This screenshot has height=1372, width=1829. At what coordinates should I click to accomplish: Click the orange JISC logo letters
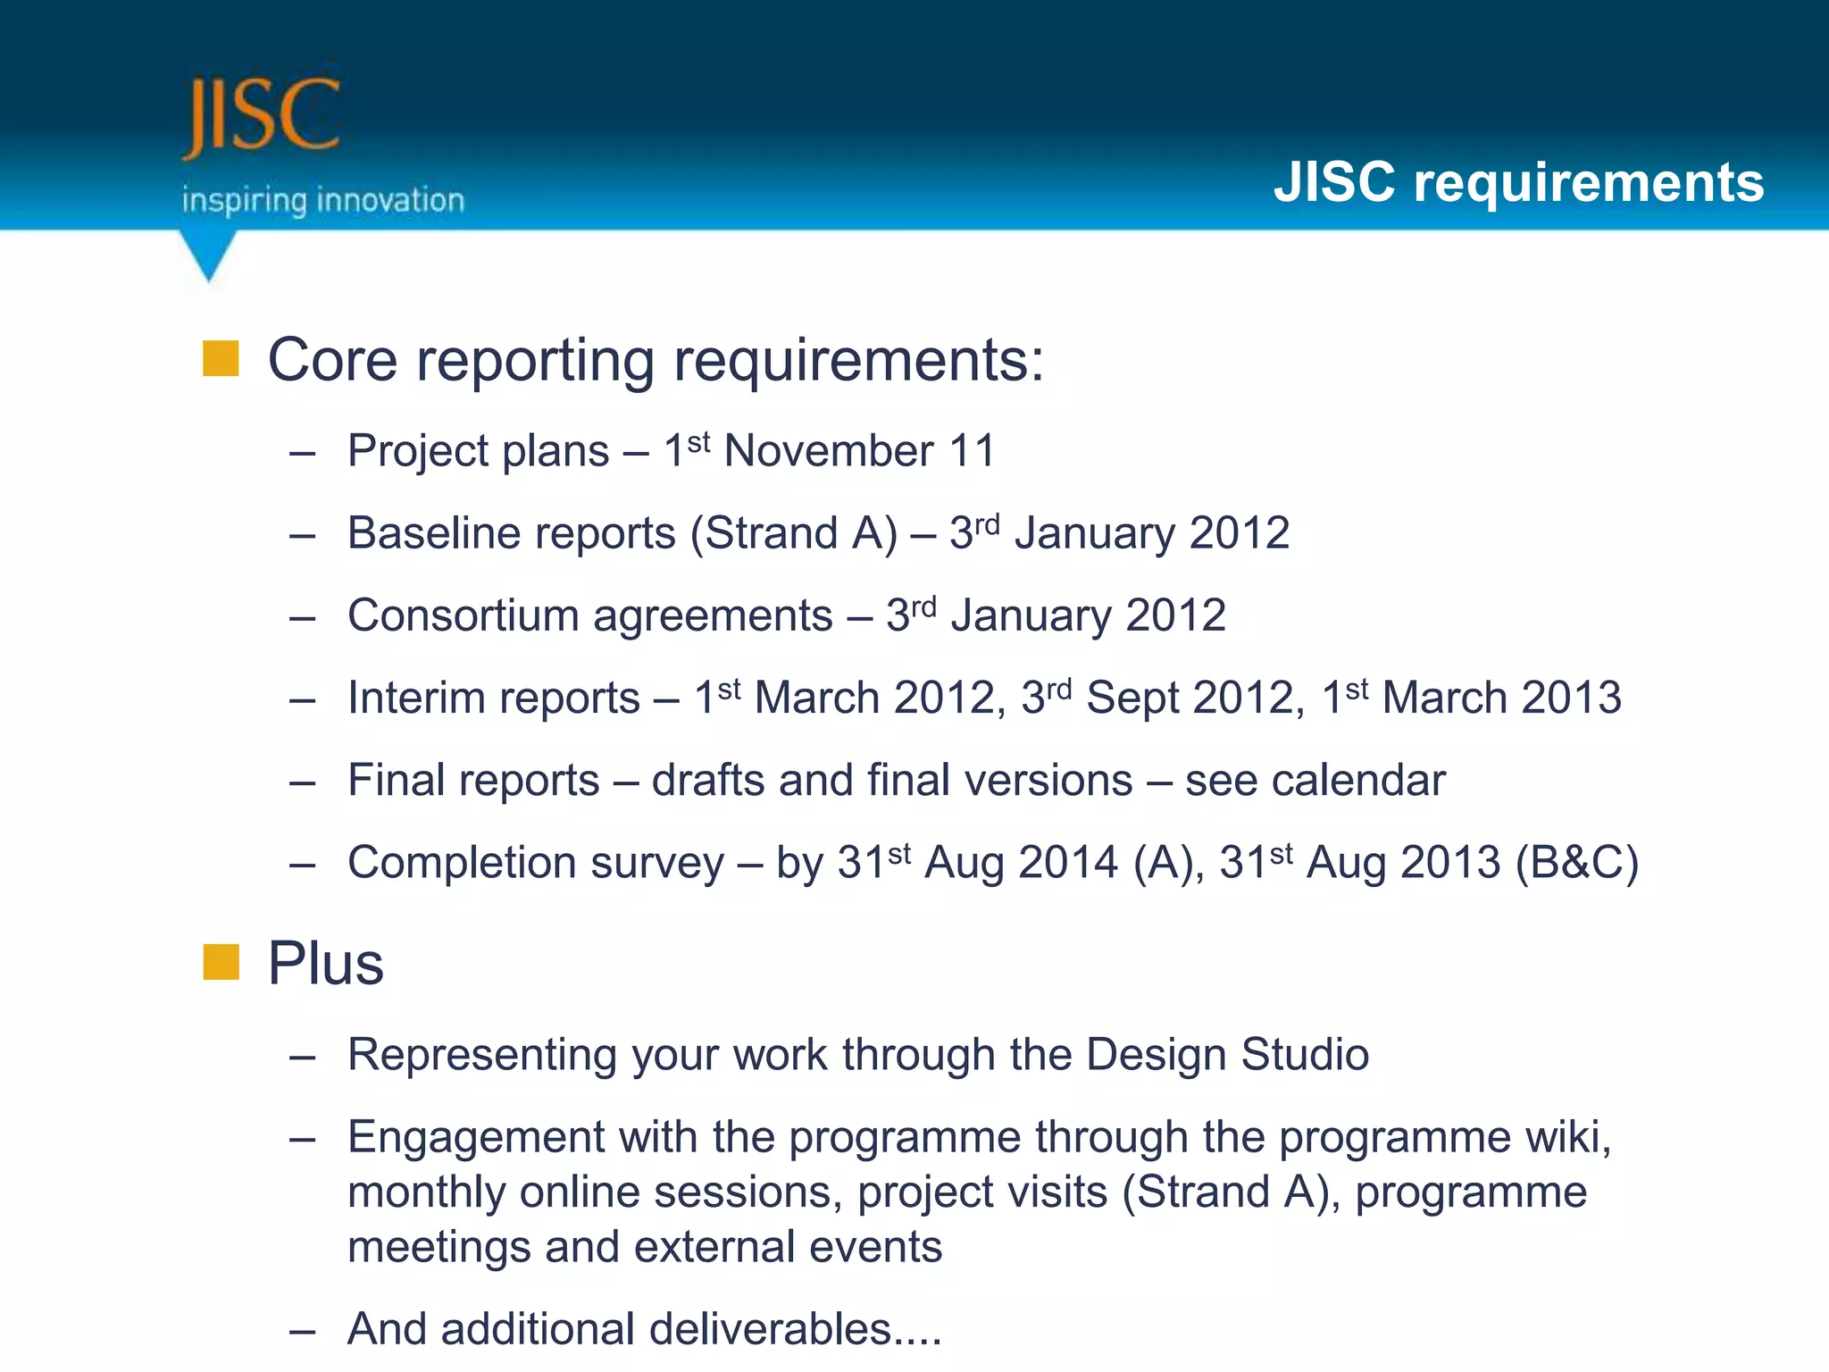(x=261, y=116)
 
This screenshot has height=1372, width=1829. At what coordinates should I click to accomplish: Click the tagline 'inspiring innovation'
(x=323, y=200)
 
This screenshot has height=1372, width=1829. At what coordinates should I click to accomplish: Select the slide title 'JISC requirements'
(x=1518, y=182)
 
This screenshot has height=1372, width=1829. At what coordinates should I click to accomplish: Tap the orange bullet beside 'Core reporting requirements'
(x=221, y=359)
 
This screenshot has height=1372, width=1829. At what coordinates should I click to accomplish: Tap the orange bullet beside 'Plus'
(x=221, y=963)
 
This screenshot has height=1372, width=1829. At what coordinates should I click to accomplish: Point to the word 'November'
(x=829, y=451)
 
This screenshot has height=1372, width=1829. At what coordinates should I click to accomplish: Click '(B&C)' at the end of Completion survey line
(x=1577, y=863)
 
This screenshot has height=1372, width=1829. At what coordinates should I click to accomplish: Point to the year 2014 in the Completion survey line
(x=1068, y=863)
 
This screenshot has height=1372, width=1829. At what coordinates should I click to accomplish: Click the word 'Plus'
(x=326, y=965)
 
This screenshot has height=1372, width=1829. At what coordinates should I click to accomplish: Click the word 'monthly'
(x=426, y=1193)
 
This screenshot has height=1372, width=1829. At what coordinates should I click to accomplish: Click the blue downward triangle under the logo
(x=208, y=253)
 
